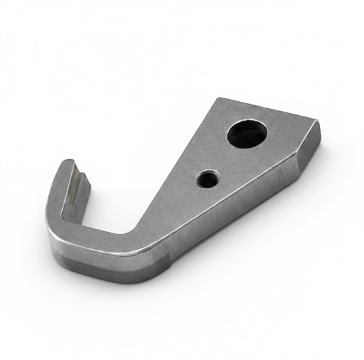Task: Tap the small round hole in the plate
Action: [207, 179]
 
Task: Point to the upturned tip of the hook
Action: [70, 167]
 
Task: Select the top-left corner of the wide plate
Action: [222, 99]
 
